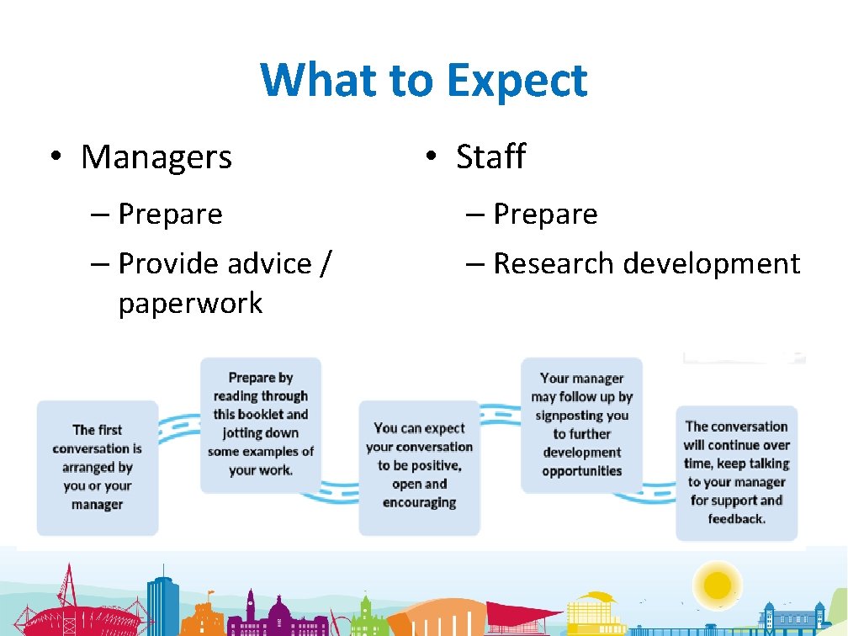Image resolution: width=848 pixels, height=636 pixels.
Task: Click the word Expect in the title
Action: coord(517,81)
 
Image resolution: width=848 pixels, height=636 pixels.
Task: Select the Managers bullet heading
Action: coord(156,157)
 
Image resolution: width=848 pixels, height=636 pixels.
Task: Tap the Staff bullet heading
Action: coord(490,157)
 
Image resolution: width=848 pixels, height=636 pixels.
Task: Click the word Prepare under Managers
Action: coord(170,215)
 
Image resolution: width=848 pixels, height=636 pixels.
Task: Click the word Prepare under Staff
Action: coord(545,215)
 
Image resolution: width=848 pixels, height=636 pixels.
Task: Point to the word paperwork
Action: coord(190,303)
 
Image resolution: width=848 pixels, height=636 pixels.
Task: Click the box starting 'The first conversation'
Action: coord(98,467)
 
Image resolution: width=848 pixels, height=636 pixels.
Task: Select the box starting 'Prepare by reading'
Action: coord(261,424)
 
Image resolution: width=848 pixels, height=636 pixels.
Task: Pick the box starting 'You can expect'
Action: coord(420,466)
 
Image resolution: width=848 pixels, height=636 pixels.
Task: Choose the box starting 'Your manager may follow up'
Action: coord(581,424)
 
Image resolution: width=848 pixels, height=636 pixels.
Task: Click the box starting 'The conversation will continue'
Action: coord(736,473)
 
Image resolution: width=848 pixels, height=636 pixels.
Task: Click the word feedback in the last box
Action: coord(736,519)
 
